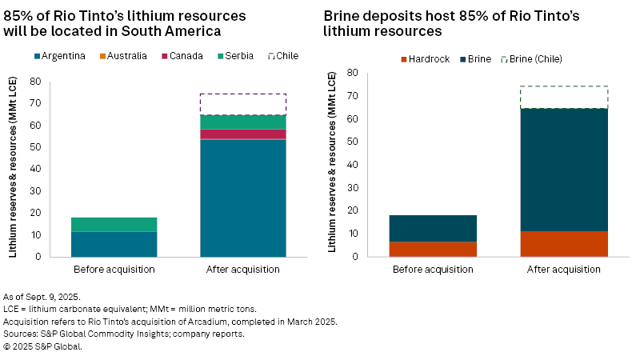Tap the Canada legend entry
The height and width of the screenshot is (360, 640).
pos(186,56)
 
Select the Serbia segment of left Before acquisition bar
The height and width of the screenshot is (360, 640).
pos(114,224)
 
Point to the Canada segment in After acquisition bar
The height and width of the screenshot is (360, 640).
pos(242,134)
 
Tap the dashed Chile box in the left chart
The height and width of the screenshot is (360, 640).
pos(242,104)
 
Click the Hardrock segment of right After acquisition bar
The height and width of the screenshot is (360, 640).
pos(563,243)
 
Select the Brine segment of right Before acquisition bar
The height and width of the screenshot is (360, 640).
pos(433,228)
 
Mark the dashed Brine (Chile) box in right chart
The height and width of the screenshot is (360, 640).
pos(563,97)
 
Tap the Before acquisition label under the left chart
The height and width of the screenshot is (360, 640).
pos(114,269)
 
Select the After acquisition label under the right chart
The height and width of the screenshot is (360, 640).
pos(563,269)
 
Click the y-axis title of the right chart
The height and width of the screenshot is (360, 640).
pos(332,164)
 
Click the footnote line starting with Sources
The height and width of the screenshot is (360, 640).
pos(124,334)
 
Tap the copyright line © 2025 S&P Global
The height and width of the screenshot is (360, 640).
pos(42,346)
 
